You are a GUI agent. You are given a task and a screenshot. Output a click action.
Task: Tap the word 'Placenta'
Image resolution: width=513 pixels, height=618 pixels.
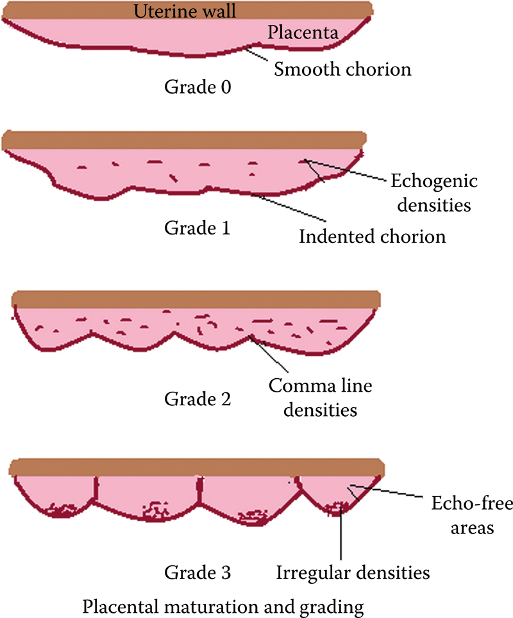(x=303, y=33)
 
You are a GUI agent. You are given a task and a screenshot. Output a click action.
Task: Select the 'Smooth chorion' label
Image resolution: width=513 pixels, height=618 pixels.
(x=342, y=68)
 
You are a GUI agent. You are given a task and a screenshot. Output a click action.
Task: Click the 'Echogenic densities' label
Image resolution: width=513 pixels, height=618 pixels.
(x=434, y=193)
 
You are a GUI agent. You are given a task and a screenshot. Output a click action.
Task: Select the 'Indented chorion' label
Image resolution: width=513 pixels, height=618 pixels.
(x=372, y=237)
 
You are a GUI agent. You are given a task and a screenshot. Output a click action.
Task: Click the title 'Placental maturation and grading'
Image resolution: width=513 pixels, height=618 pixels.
(x=223, y=604)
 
